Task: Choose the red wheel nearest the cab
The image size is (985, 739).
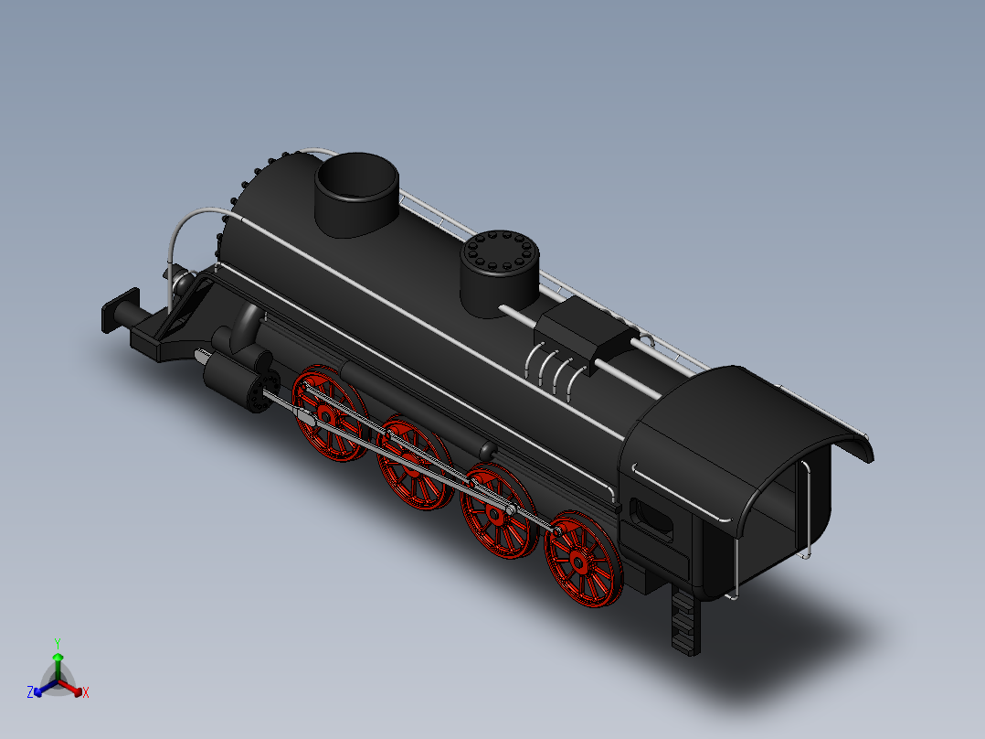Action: coord(580,560)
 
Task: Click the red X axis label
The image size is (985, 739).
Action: coord(86,692)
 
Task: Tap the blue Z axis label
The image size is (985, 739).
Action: coord(30,692)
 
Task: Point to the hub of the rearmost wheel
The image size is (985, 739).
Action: coord(578,559)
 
